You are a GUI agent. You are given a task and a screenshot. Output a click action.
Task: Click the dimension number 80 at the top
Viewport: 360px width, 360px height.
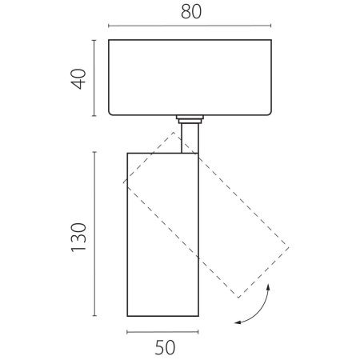pos(191,12)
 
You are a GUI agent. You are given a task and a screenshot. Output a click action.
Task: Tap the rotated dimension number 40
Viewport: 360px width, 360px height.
pos(78,79)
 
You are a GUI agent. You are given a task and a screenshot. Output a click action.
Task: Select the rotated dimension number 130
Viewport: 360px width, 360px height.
pos(78,238)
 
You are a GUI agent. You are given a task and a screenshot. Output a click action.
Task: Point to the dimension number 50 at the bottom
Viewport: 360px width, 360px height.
pos(165,347)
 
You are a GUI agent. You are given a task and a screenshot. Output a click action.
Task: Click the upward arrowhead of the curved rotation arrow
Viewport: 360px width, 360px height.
pos(268,287)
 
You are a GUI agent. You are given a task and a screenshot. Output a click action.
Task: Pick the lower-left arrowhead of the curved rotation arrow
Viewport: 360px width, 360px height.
pos(238,323)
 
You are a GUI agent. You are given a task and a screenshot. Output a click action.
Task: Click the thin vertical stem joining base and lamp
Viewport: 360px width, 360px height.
pos(190,138)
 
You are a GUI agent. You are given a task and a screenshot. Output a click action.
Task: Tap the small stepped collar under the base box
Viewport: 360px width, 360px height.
pos(190,119)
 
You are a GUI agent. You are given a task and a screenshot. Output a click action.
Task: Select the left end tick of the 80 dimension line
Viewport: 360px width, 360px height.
pos(109,26)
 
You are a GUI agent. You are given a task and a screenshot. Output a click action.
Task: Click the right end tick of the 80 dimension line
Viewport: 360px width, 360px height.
pos(271,26)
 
